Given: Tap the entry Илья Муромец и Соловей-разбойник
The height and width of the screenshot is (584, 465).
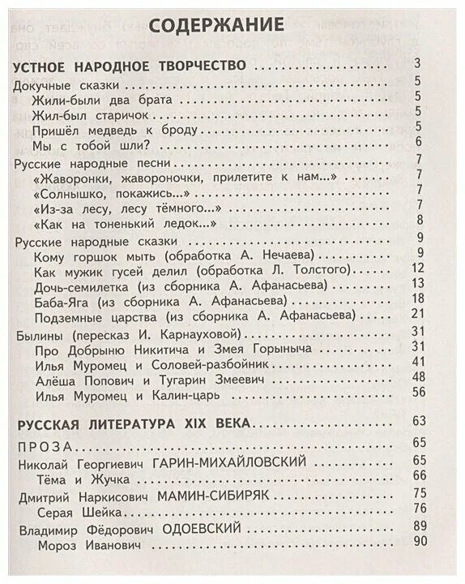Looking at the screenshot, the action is point(152,363).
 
